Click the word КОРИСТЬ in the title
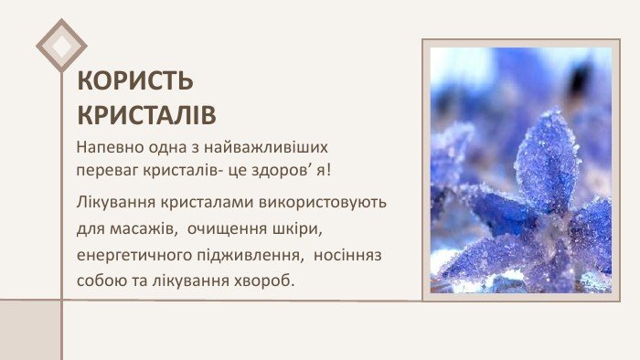(x=135, y=81)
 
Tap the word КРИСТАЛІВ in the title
(x=146, y=115)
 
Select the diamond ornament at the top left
(x=61, y=45)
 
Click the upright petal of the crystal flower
(x=546, y=160)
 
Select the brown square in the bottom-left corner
(x=29, y=330)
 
